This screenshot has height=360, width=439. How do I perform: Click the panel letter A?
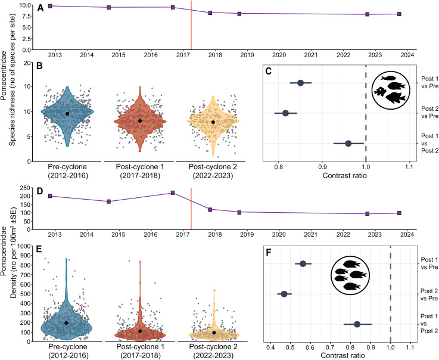click(x=41, y=8)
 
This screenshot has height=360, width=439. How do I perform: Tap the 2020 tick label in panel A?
click(x=279, y=55)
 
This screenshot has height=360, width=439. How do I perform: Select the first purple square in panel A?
click(x=50, y=6)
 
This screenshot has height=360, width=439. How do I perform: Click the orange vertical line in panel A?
click(x=191, y=25)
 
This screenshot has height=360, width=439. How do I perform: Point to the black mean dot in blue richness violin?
click(x=67, y=113)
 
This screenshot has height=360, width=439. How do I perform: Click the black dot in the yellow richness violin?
click(x=213, y=122)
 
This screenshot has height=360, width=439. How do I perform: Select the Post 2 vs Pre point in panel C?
click(x=285, y=113)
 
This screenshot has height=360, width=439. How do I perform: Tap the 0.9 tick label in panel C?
click(x=322, y=167)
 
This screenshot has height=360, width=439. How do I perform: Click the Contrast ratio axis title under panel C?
click(x=344, y=176)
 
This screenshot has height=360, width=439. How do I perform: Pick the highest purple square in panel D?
click(x=173, y=193)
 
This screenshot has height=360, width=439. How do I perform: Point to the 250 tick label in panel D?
click(x=25, y=188)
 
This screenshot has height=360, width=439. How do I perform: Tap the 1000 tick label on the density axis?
click(x=23, y=246)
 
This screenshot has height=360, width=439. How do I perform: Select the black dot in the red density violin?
click(x=140, y=331)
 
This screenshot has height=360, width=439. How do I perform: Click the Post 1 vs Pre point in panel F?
click(x=303, y=263)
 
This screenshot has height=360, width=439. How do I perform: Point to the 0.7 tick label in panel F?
click(x=331, y=347)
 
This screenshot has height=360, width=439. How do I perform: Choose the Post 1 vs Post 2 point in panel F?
click(x=357, y=324)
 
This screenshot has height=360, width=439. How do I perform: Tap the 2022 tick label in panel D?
click(x=343, y=234)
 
